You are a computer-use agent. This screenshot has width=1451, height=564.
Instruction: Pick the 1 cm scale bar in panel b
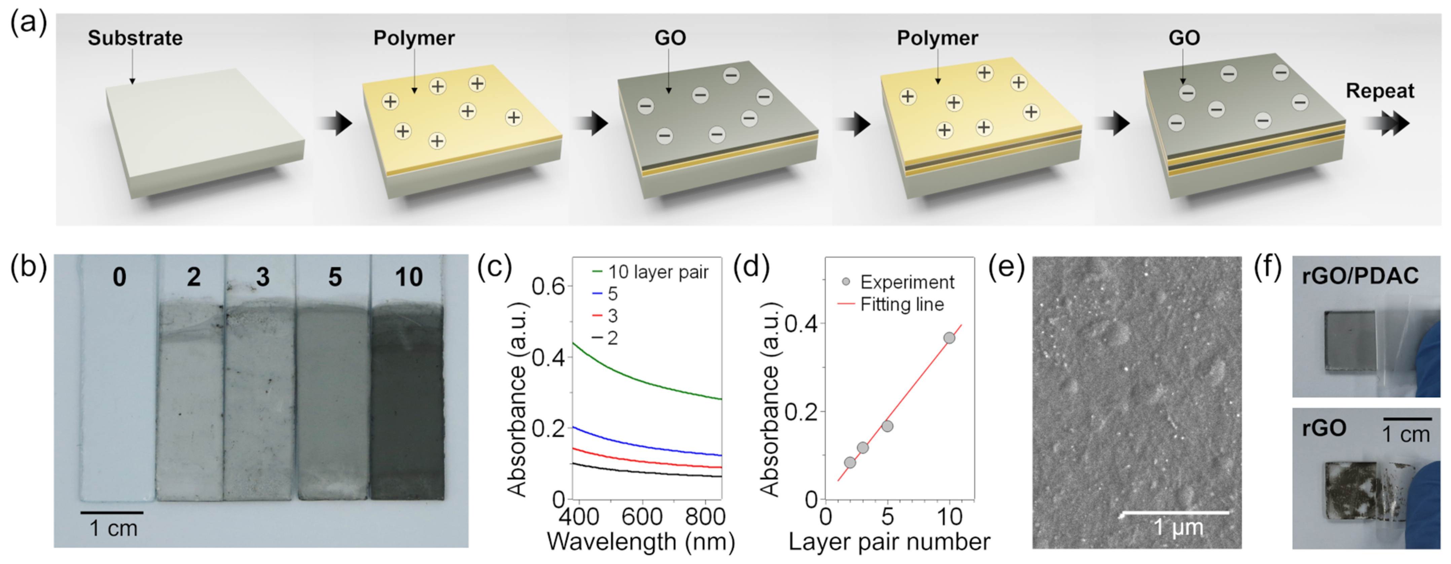112,513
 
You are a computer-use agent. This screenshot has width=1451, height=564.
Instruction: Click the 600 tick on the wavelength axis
642,517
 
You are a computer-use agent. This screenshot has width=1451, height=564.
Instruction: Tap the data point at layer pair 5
887,426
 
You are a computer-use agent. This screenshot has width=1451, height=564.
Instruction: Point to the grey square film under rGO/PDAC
1350,349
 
